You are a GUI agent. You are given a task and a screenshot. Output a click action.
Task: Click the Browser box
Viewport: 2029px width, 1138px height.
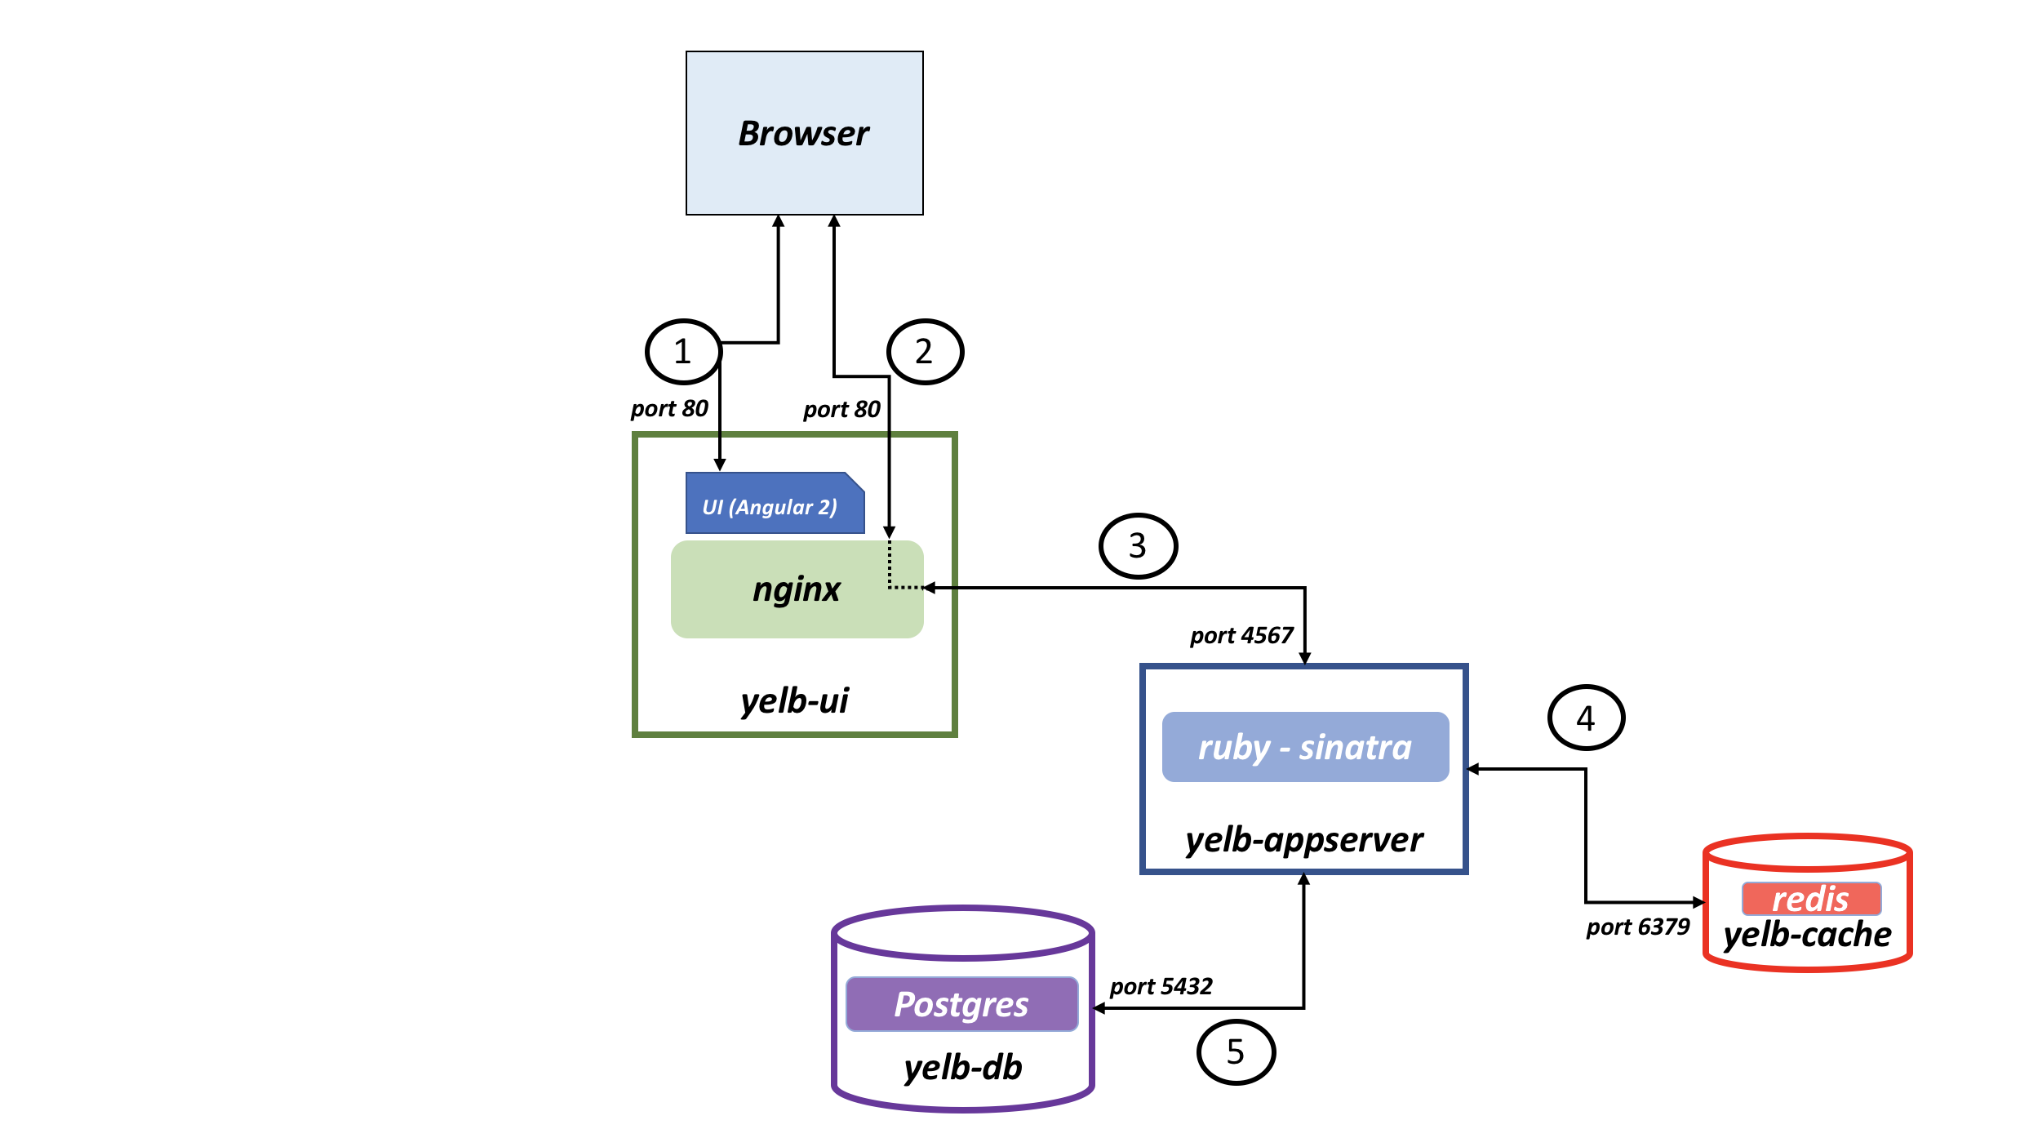click(804, 133)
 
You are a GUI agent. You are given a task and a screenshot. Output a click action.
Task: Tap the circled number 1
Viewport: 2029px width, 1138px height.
click(683, 352)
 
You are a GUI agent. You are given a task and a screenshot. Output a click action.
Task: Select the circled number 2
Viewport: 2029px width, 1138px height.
click(925, 352)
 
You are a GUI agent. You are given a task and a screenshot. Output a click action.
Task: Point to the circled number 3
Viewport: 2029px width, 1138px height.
click(1138, 545)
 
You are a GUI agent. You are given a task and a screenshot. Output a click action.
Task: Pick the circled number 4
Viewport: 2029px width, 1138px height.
click(1586, 718)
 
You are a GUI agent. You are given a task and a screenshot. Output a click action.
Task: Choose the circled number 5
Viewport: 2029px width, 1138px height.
click(1236, 1051)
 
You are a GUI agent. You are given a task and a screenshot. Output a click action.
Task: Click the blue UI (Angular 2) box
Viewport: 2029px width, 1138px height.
click(771, 506)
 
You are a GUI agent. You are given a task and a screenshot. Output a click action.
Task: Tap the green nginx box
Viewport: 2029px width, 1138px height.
click(796, 589)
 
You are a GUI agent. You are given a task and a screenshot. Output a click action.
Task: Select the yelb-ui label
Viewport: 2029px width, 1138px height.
click(794, 700)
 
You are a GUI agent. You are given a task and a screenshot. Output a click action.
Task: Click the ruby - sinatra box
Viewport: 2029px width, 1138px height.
click(1305, 747)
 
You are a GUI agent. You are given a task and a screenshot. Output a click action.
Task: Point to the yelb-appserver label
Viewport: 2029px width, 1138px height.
click(1304, 839)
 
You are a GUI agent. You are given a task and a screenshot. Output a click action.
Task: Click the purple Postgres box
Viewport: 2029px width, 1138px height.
click(961, 1004)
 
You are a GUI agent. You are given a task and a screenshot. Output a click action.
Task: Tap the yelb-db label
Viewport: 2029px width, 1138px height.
click(962, 1067)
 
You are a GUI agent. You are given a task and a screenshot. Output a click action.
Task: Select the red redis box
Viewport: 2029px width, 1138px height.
click(1810, 899)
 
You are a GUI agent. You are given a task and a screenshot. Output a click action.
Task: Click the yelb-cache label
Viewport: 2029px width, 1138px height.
click(1807, 935)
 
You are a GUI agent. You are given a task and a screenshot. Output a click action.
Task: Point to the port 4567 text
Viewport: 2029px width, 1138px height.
click(1241, 635)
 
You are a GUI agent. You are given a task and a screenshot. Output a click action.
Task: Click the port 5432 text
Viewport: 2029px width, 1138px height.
click(1161, 986)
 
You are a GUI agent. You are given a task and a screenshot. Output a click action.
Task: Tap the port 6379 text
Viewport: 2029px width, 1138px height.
click(1637, 927)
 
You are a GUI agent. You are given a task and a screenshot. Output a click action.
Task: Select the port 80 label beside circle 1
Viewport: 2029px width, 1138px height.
click(669, 408)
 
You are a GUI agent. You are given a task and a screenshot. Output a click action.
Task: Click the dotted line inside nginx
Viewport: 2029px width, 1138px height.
click(890, 571)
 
